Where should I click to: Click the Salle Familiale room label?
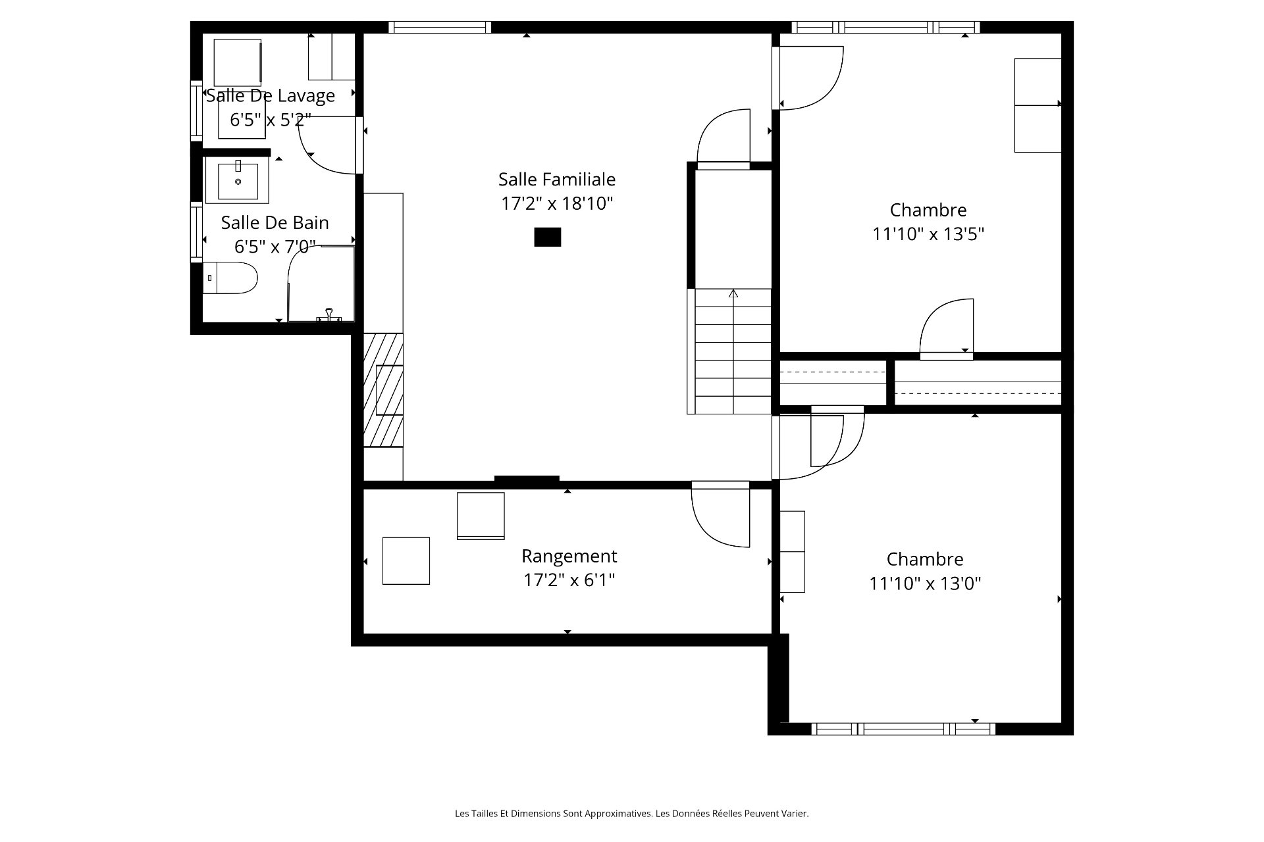coord(557,179)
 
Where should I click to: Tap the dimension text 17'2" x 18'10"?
coord(557,204)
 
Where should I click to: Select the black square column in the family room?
coord(547,237)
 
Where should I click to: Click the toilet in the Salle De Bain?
coord(229,278)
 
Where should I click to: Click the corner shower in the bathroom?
coord(321,284)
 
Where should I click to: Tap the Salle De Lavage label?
coord(271,96)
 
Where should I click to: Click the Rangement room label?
coord(569,557)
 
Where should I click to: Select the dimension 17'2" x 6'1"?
coord(569,580)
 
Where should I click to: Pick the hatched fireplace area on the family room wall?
coord(383,390)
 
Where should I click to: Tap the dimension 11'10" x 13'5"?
coord(928,234)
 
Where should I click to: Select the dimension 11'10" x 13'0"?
coord(925,583)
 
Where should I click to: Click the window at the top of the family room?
coord(440,27)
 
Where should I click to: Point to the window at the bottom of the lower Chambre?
coord(903,729)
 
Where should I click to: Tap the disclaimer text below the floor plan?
coord(632,814)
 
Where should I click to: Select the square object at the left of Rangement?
coord(406,561)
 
